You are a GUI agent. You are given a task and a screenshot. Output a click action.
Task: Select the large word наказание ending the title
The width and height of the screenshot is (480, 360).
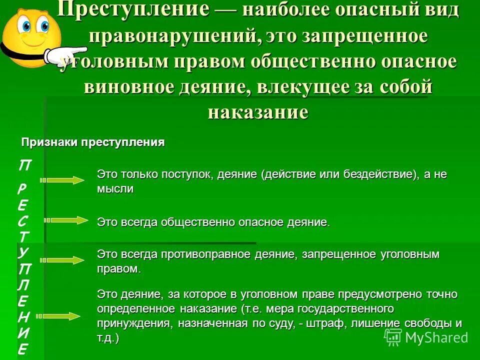[x=258, y=111]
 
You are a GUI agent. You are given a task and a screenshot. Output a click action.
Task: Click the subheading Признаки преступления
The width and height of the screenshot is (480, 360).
[x=92, y=142]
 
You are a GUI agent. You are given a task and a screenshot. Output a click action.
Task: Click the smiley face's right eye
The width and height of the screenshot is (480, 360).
[x=44, y=25]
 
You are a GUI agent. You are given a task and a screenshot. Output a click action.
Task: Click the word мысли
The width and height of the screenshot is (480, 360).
[x=115, y=189]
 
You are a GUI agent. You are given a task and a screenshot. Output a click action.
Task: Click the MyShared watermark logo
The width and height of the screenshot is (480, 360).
[x=426, y=337]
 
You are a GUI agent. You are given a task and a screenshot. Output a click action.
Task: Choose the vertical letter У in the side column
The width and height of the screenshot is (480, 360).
[x=23, y=252]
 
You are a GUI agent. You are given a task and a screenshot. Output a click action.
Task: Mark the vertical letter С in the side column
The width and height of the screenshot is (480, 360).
[x=23, y=220]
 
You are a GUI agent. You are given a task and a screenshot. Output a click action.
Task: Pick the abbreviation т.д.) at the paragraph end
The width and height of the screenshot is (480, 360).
[x=108, y=338]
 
